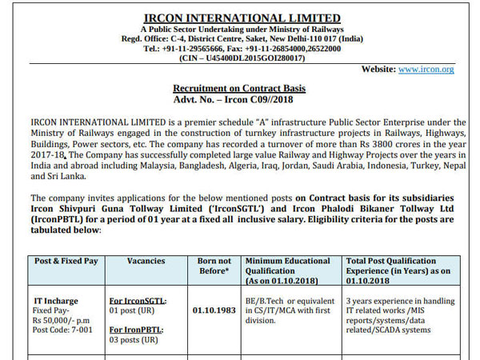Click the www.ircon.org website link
426,70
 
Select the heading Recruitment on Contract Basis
239,88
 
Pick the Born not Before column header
214,266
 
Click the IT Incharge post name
55,301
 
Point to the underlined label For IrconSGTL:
137,301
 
